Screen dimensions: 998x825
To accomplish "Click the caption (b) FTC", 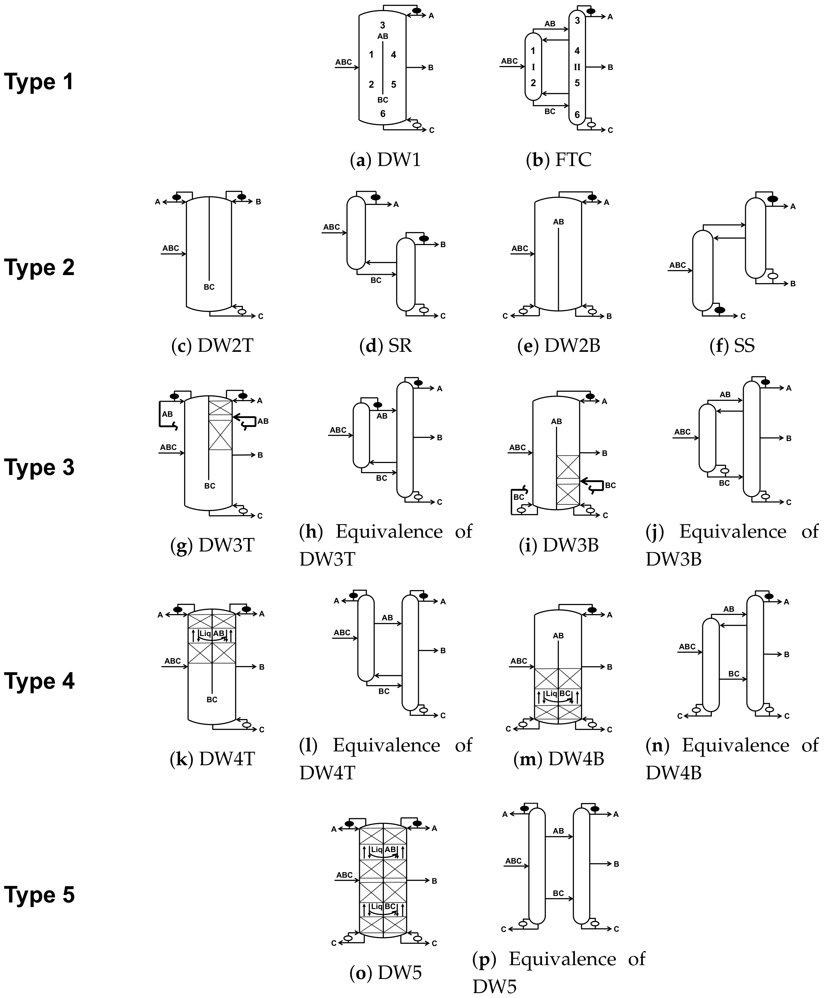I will (x=559, y=160).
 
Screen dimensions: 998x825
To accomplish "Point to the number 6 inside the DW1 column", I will (x=383, y=114).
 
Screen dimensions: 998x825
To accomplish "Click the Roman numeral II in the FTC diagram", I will (x=577, y=67).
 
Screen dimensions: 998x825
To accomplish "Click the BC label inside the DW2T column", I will (x=209, y=287).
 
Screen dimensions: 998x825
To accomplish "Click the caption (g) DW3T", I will (x=212, y=545).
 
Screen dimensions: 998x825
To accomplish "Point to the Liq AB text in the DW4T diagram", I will (x=212, y=633).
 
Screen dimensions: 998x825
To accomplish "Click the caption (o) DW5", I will (x=385, y=973).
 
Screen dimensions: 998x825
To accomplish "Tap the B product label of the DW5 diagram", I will (x=434, y=881).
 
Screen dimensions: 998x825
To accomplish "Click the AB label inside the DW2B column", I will (x=558, y=222).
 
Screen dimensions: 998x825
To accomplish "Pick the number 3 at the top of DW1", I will (x=383, y=25).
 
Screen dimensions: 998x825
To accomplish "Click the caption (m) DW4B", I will (x=559, y=759).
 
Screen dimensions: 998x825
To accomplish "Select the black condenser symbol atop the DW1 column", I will (x=416, y=10).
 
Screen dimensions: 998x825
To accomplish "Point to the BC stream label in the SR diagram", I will (x=376, y=280).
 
